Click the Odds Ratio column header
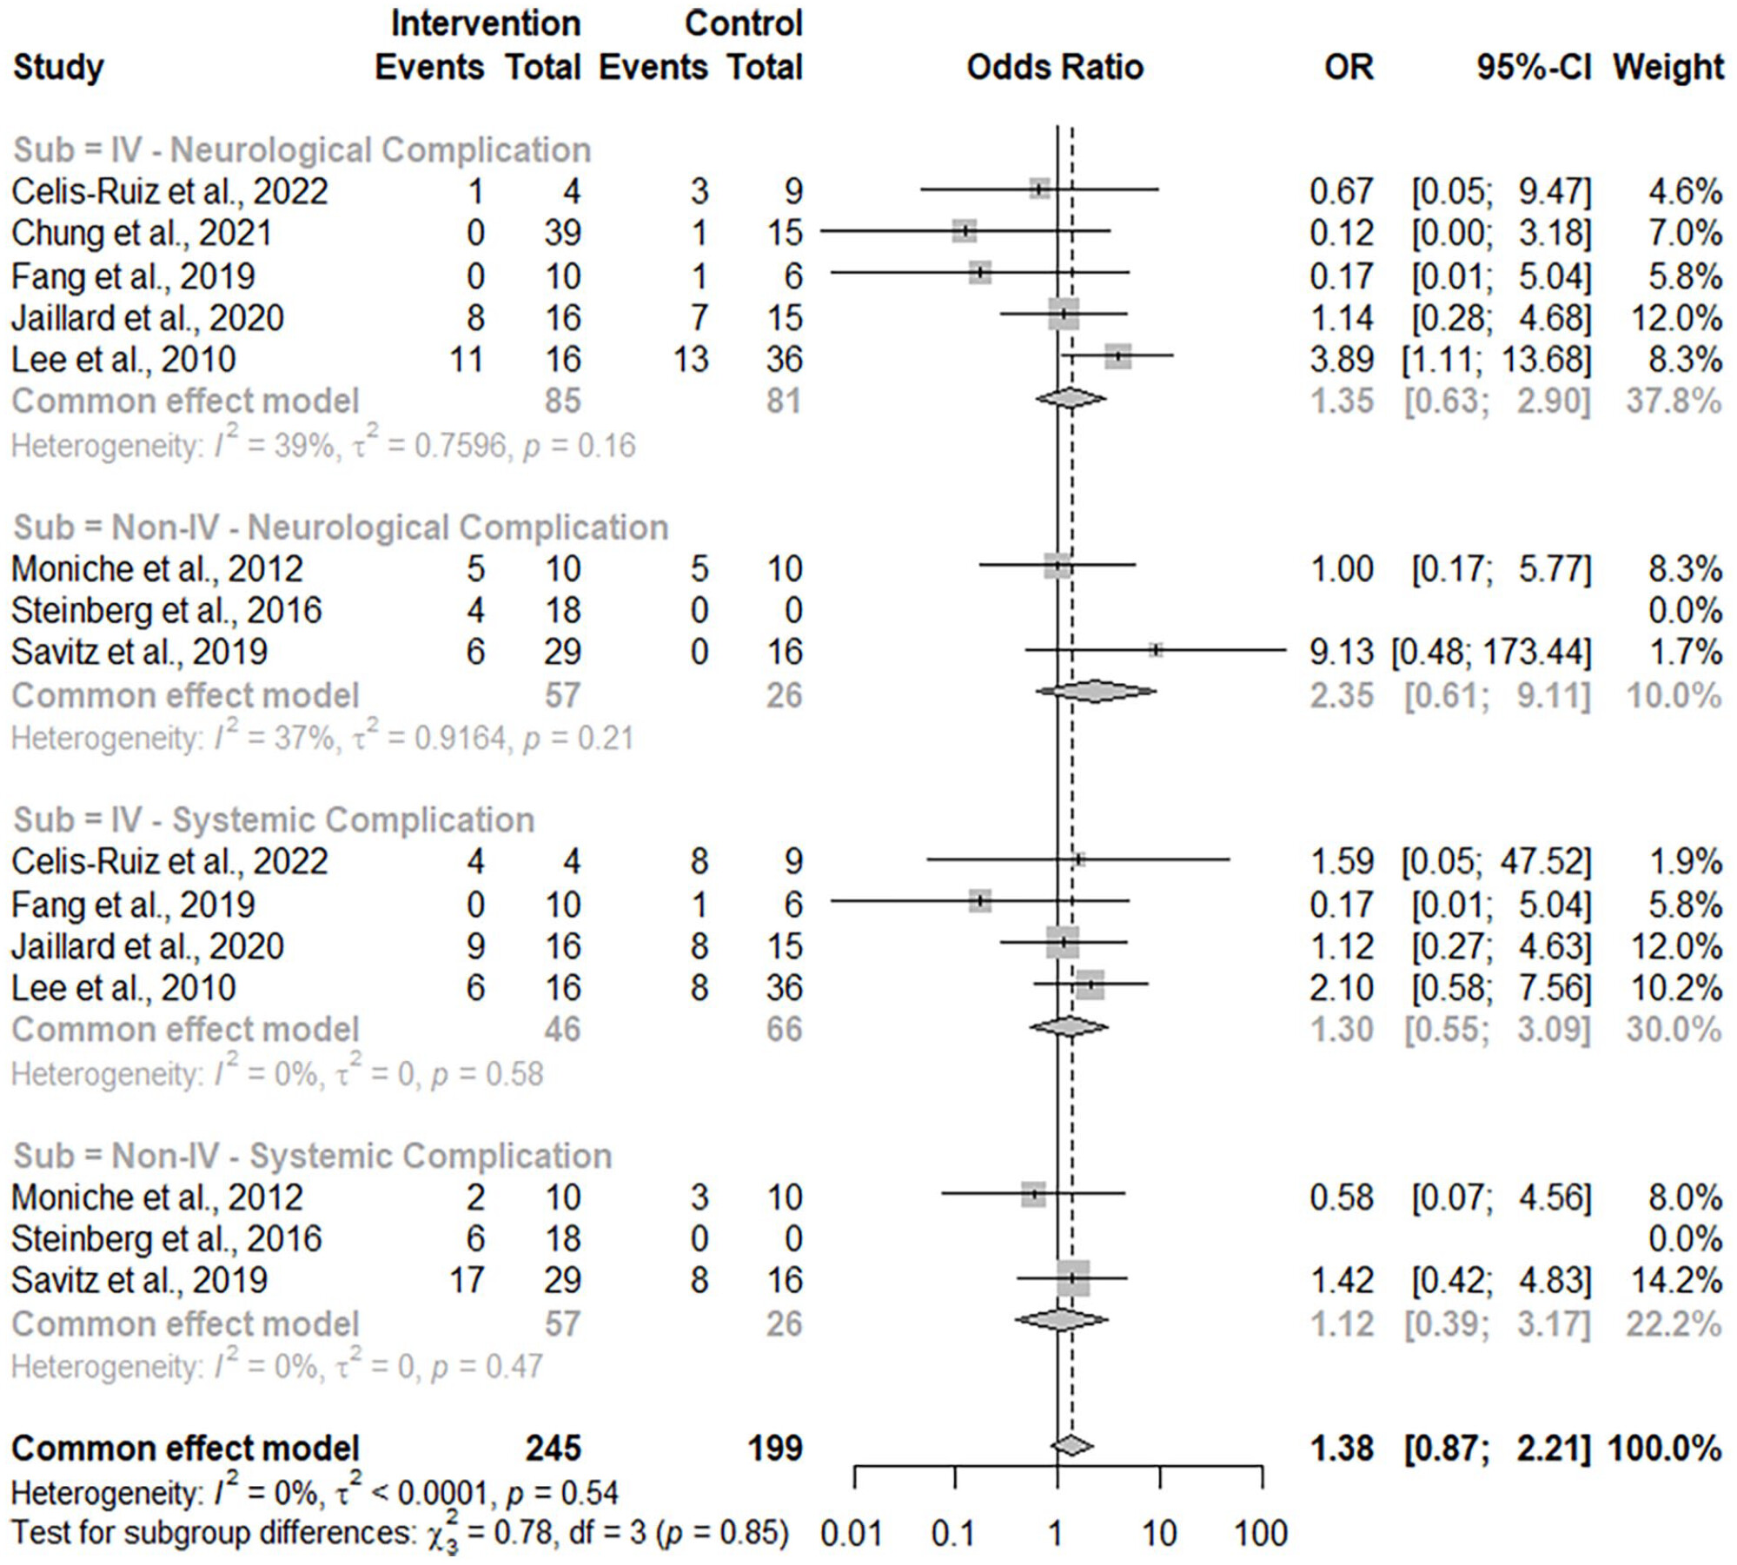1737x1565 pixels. click(x=1054, y=67)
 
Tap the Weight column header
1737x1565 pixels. click(x=1667, y=67)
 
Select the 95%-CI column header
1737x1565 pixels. click(x=1533, y=67)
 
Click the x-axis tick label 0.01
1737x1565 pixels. click(x=851, y=1535)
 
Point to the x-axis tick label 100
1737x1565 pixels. click(x=1261, y=1535)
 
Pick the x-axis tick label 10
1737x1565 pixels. click(x=1159, y=1535)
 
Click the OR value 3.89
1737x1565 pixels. click(x=1342, y=360)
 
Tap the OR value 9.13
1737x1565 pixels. click(x=1342, y=653)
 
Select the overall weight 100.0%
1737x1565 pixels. click(x=1664, y=1449)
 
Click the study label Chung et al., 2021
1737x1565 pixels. click(x=142, y=233)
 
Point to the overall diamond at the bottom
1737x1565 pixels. click(x=1071, y=1446)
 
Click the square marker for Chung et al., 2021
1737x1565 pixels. click(x=964, y=231)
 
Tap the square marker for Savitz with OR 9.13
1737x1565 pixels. click(x=1156, y=650)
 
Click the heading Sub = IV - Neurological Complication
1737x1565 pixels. click(x=302, y=150)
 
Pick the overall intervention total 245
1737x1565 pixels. click(x=553, y=1449)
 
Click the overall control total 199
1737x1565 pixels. click(x=775, y=1449)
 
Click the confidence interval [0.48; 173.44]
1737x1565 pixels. click(x=1491, y=653)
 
